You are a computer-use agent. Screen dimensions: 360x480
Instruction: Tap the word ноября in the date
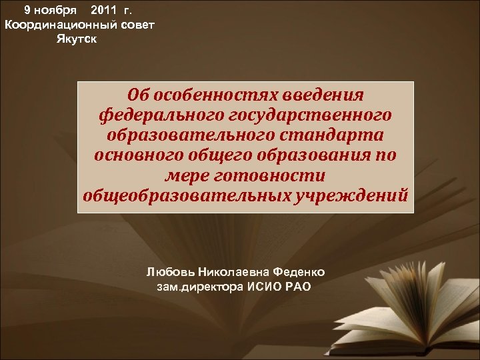click(59, 11)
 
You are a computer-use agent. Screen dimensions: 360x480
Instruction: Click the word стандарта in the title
click(331, 136)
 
